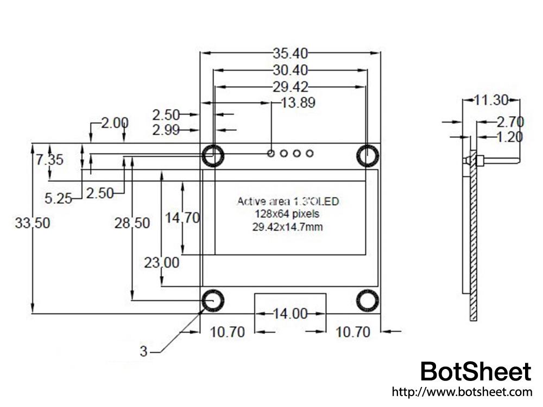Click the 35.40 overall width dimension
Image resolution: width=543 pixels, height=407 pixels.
(x=291, y=53)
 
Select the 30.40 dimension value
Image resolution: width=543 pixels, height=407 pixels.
(x=291, y=70)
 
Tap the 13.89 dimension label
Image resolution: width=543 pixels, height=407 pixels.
(x=298, y=102)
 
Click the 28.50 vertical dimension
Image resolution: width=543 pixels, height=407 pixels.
(x=132, y=223)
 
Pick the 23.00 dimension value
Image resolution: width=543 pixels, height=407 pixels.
(x=161, y=263)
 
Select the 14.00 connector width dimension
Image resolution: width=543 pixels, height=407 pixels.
(x=290, y=314)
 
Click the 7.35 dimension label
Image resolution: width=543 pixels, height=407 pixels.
(x=49, y=160)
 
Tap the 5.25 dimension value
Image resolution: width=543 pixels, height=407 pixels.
(x=58, y=199)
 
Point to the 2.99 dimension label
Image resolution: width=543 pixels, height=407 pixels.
(x=166, y=130)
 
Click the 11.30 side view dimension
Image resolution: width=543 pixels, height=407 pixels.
(x=491, y=100)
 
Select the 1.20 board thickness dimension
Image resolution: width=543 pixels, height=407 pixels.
(x=510, y=136)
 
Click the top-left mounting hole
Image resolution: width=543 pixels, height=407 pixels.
(x=212, y=155)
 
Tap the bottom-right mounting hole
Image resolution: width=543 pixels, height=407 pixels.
(x=368, y=300)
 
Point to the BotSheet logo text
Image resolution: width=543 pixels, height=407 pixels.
(x=476, y=372)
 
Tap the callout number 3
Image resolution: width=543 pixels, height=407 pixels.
(x=143, y=352)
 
